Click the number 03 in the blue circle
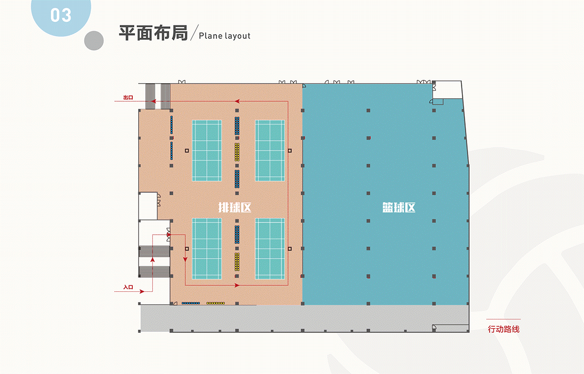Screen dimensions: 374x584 tap(61, 15)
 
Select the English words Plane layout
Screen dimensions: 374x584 tap(224, 36)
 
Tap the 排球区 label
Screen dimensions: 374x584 tap(235, 207)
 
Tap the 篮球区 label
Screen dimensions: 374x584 tap(399, 207)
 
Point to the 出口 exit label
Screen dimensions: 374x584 tap(128, 97)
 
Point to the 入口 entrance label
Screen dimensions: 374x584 tap(128, 287)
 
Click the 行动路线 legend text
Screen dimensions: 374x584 tap(504, 329)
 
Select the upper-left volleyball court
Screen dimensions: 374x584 tap(207, 150)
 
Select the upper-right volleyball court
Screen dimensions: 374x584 tap(270, 150)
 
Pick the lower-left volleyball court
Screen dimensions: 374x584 tap(207, 248)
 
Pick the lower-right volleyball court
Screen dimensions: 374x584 tap(270, 248)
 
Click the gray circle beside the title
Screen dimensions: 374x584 tap(94, 41)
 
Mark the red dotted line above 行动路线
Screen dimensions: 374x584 tap(504, 319)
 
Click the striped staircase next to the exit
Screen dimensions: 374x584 tap(158, 96)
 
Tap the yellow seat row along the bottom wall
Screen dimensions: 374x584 tap(215, 303)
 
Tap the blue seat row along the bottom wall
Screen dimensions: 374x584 tap(191, 303)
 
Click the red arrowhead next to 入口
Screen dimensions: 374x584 tap(142, 291)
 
